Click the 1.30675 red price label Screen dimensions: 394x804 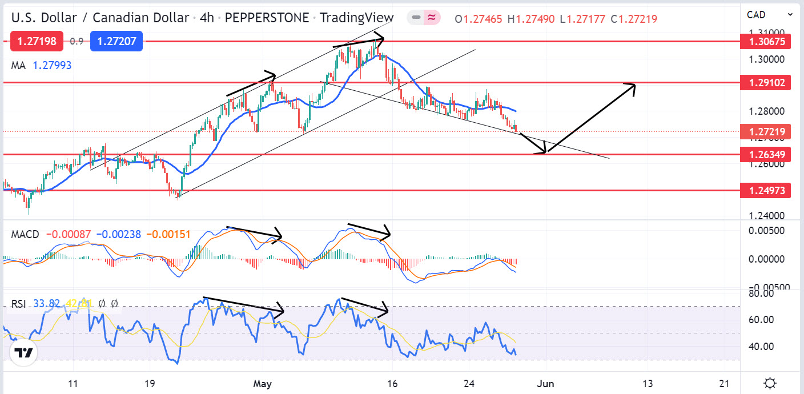click(765, 41)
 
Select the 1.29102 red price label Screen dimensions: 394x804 click(765, 83)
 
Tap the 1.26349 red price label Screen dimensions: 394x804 click(765, 154)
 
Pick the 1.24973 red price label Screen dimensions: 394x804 click(765, 190)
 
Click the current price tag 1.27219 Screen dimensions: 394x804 click(765, 132)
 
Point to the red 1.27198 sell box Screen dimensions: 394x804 click(36, 41)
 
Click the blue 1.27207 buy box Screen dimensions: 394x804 click(116, 41)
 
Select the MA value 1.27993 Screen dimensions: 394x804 click(52, 65)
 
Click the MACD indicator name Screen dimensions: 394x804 click(25, 234)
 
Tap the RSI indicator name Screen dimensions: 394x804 click(19, 304)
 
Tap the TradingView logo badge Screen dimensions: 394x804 click(23, 353)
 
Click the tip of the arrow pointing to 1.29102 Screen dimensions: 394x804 click(635, 85)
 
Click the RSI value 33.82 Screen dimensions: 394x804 click(46, 304)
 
